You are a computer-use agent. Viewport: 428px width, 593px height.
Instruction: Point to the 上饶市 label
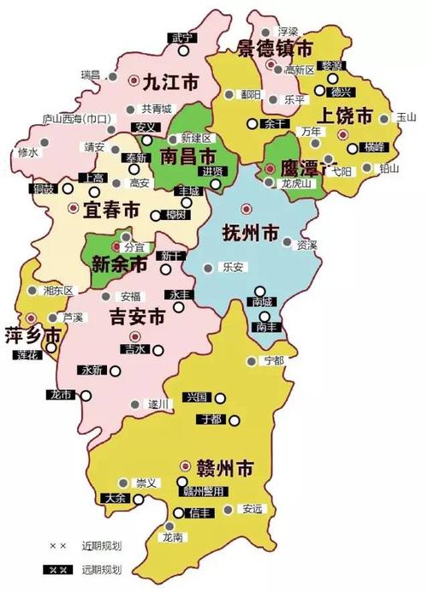tap(344, 116)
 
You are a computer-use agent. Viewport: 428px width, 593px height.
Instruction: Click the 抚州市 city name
tap(251, 232)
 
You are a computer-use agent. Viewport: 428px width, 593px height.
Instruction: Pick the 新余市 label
tap(120, 264)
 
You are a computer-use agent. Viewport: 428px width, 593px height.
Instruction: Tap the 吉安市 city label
tap(137, 317)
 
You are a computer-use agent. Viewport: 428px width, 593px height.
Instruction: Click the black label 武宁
tap(182, 38)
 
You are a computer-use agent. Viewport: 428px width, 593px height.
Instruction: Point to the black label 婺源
tap(332, 66)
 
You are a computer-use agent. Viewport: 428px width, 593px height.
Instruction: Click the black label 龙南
tap(173, 537)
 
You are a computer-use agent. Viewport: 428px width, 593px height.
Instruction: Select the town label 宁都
tap(274, 360)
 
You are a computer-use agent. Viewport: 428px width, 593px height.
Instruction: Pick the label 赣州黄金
tap(204, 491)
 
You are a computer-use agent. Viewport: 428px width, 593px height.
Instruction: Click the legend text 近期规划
tap(102, 545)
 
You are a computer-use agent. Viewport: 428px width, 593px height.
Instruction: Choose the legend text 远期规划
tap(102, 569)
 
